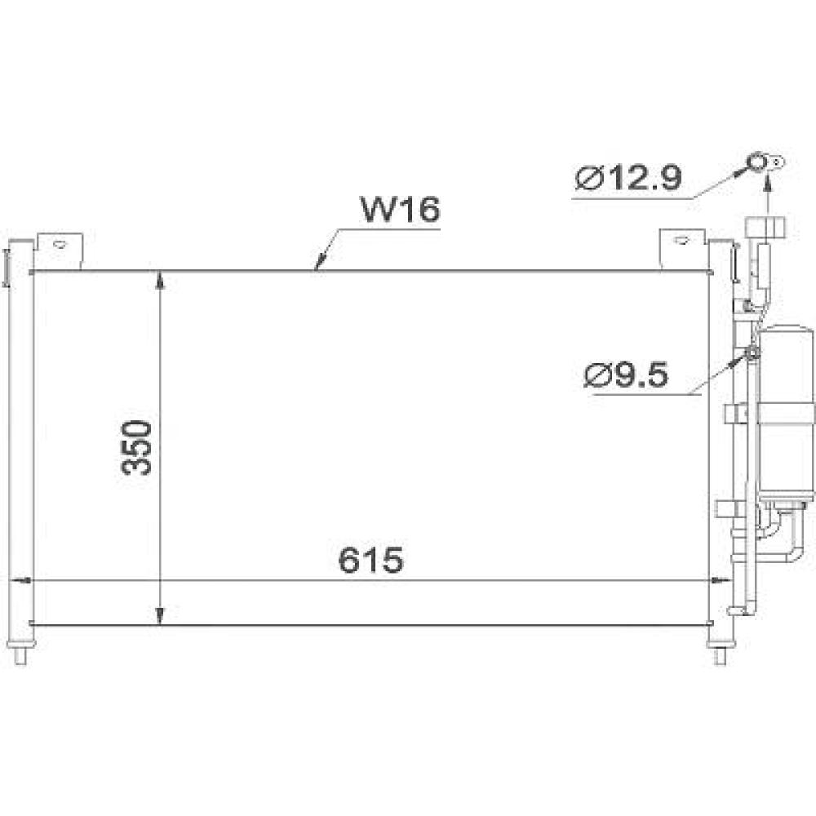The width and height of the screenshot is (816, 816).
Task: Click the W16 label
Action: pos(401,210)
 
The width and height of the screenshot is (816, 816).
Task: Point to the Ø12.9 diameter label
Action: pos(628,178)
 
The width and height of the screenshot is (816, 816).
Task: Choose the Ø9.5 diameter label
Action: pos(627,376)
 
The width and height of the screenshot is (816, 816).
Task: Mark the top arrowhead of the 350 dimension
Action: pos(161,280)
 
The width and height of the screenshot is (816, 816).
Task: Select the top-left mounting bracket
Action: pos(59,250)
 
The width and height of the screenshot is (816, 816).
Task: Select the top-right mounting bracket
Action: pos(682,248)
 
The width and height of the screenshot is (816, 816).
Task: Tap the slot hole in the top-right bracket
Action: pos(680,241)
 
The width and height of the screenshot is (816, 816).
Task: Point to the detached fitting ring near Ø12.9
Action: pos(761,164)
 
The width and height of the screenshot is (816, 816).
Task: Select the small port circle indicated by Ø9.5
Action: pos(752,353)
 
